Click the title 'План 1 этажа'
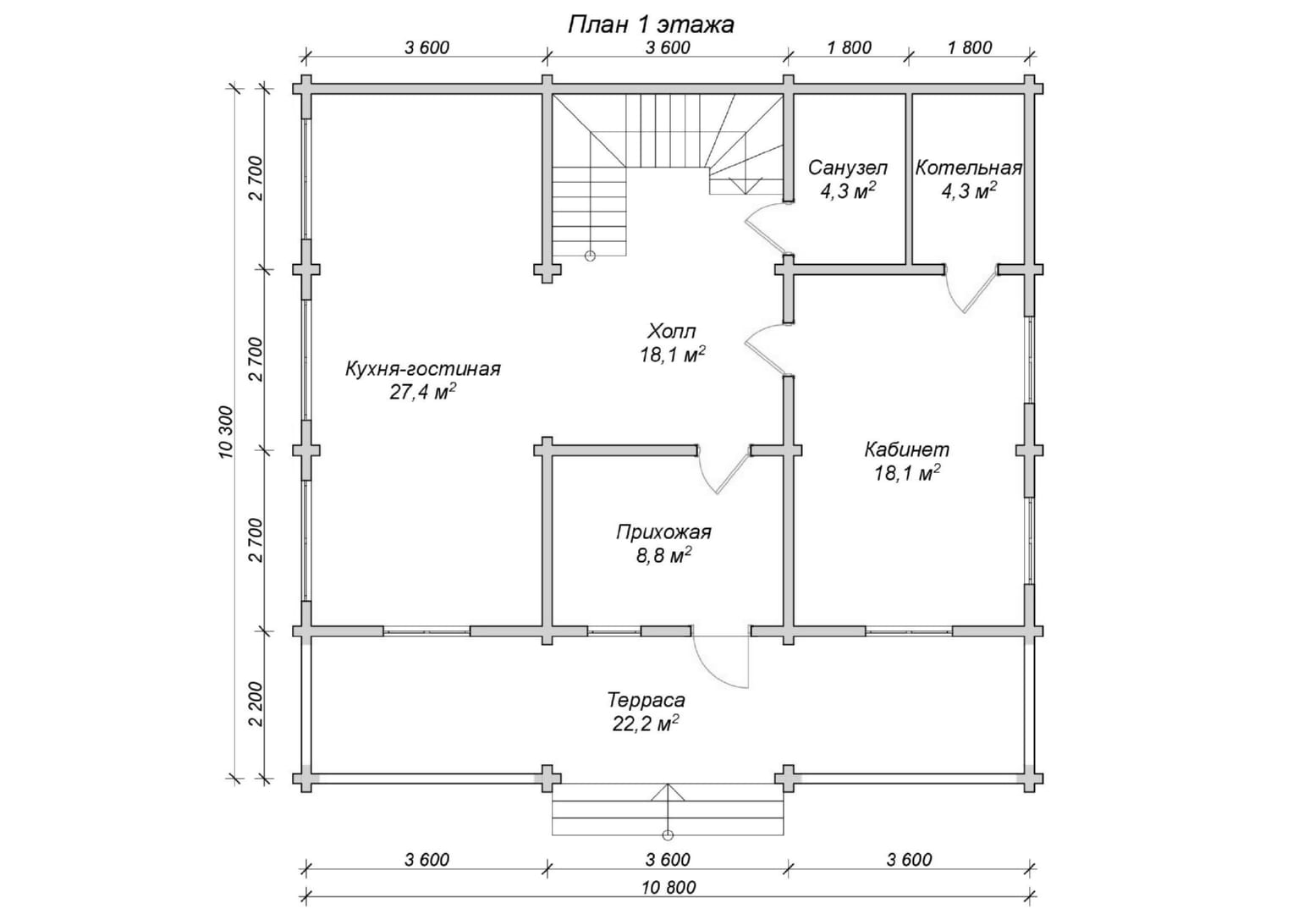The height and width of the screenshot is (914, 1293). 650,25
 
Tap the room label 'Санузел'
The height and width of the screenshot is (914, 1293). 847,168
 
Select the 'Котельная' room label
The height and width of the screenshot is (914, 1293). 968,168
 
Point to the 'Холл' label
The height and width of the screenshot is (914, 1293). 672,330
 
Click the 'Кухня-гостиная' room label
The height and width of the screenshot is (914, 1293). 423,369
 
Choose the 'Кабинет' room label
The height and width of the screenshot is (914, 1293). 907,449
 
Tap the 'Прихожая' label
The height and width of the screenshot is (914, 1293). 663,532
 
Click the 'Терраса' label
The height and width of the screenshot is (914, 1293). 646,701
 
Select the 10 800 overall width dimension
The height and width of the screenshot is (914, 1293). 669,888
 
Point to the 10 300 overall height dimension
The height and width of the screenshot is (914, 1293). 226,432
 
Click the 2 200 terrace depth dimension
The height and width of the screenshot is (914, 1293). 256,704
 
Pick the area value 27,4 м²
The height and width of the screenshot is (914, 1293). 423,392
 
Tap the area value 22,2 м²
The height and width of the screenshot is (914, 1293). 646,724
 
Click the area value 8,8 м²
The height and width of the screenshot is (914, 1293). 663,556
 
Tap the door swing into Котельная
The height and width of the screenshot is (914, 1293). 971,289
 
